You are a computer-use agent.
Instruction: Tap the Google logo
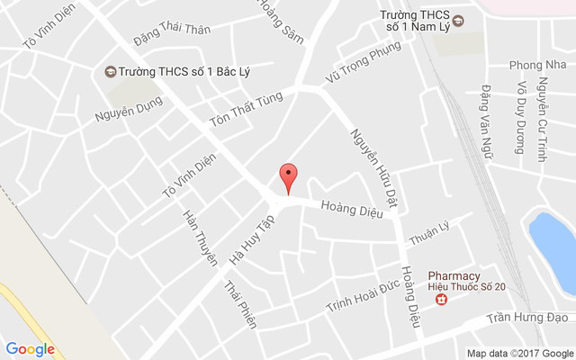click(x=31, y=349)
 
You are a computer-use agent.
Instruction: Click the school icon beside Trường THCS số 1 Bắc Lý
click(x=110, y=71)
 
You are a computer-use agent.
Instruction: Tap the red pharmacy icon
click(x=441, y=299)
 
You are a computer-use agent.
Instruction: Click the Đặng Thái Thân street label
click(x=171, y=30)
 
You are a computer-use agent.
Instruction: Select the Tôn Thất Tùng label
click(x=246, y=109)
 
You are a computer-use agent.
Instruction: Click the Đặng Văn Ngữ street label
click(x=486, y=121)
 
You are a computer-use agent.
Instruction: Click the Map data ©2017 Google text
click(x=519, y=353)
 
